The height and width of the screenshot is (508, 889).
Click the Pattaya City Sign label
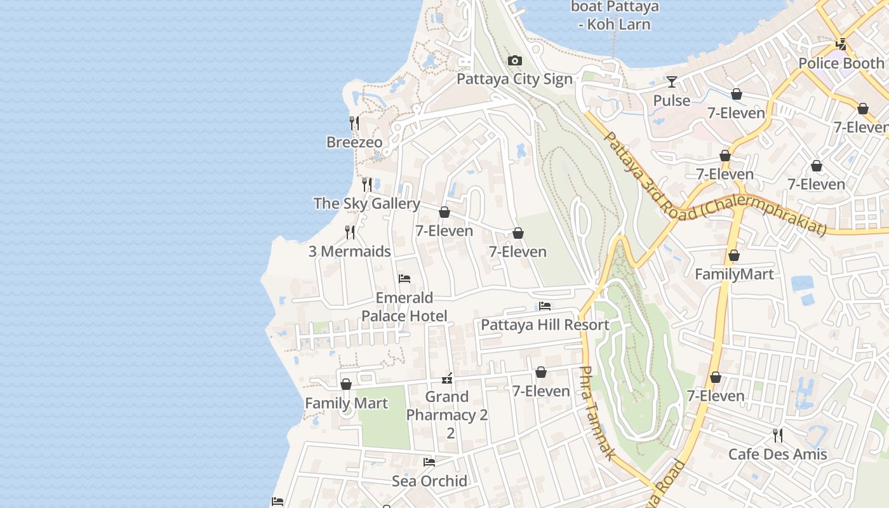514,79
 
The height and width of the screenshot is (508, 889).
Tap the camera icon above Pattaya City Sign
514,61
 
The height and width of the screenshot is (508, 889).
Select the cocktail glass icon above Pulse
671,82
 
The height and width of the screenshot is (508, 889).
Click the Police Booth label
841,63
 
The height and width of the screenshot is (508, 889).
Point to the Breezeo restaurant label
354,142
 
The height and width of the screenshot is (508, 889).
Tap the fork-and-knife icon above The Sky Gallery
367,185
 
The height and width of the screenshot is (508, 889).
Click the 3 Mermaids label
350,251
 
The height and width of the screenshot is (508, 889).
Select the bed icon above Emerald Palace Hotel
404,279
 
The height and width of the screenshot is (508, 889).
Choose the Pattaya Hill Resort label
545,325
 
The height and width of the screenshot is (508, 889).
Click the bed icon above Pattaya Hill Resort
545,306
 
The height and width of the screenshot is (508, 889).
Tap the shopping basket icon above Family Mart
346,384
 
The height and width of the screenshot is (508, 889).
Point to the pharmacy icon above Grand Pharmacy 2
448,378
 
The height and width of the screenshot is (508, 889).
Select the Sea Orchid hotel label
429,481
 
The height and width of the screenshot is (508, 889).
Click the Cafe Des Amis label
777,455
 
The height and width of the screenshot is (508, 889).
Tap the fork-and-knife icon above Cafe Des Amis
777,436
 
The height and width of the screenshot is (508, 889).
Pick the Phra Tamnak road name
597,413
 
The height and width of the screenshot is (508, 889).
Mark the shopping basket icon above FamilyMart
734,256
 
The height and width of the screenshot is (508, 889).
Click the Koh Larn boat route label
615,16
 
